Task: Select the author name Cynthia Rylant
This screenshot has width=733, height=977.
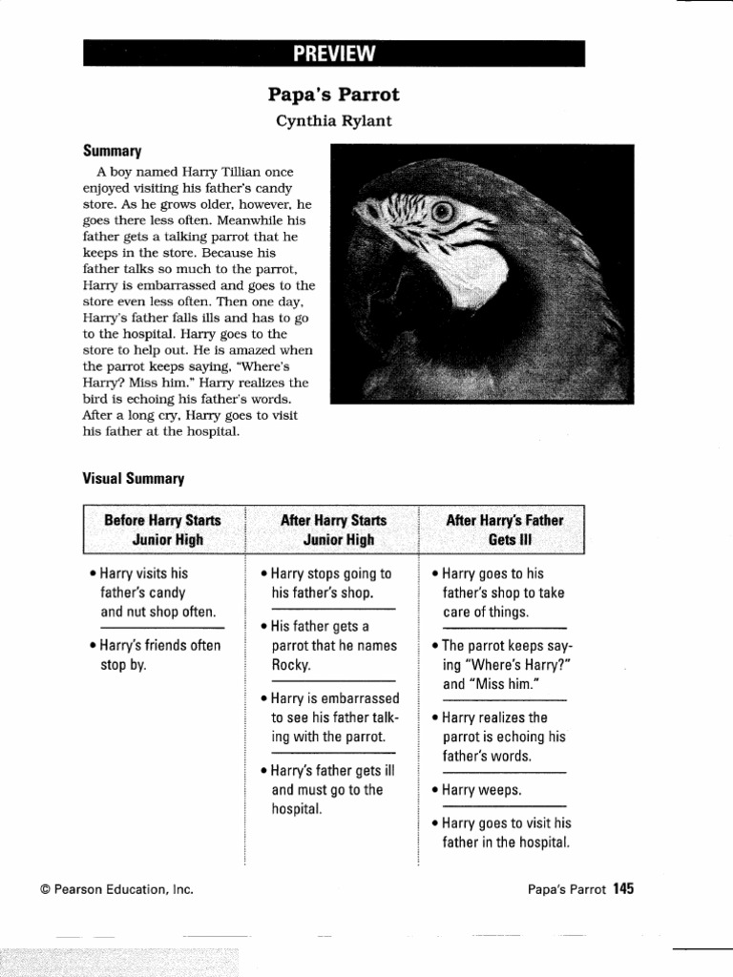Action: (x=333, y=121)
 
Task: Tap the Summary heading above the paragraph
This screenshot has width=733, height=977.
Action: (x=112, y=152)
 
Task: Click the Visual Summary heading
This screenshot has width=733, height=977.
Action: (x=134, y=479)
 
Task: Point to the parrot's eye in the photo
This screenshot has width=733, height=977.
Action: (x=441, y=212)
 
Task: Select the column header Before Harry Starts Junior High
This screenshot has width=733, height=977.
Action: (x=162, y=530)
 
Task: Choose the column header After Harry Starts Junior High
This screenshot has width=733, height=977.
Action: (x=333, y=530)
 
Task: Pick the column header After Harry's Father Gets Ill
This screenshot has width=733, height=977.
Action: (x=504, y=530)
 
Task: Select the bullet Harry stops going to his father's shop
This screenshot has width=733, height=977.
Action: (x=329, y=583)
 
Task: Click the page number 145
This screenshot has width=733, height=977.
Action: (x=623, y=889)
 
